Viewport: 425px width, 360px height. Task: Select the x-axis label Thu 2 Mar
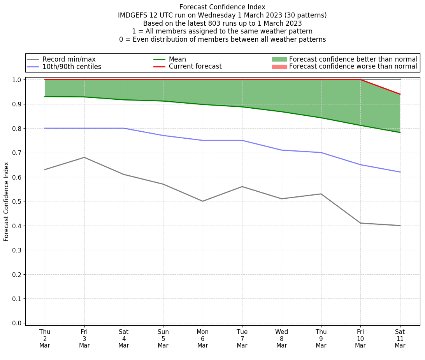click(45, 339)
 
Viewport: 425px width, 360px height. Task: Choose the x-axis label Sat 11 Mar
click(400, 339)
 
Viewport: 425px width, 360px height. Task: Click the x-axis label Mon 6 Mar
click(202, 339)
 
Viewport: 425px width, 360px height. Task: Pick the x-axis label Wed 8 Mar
click(281, 339)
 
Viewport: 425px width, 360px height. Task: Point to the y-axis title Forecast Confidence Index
click(6, 201)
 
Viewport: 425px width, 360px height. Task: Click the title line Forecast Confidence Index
click(222, 7)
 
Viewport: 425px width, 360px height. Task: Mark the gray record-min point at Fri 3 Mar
click(84, 157)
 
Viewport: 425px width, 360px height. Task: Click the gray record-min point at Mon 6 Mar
click(202, 201)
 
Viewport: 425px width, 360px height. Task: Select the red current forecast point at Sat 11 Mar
click(400, 94)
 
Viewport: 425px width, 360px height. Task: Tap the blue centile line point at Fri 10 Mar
click(360, 165)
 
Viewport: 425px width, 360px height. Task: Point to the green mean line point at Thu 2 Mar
click(45, 97)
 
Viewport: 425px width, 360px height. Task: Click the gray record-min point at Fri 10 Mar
click(360, 223)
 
